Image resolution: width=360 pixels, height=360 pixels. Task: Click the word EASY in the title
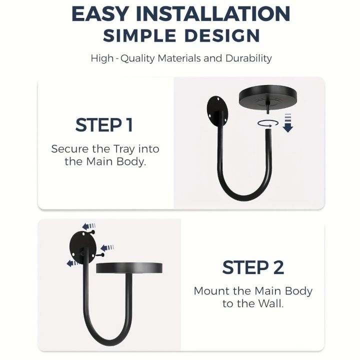pos(100,14)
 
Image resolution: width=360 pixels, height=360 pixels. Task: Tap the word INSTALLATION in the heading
pos(213,14)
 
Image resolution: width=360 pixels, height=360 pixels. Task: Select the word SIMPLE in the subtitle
pos(139,35)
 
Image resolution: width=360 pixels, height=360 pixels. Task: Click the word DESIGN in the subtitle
pos(222,35)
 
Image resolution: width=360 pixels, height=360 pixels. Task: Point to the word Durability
pos(248,58)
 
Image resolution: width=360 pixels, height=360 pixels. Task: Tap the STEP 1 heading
pos(104,125)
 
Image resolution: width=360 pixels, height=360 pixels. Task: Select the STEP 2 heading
pos(253,267)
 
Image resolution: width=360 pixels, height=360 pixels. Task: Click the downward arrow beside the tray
pos(288,123)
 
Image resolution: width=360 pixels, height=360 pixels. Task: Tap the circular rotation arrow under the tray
pos(267,123)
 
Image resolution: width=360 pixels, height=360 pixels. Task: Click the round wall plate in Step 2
pos(83,247)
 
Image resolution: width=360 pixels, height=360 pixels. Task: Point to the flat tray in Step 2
pos(129,268)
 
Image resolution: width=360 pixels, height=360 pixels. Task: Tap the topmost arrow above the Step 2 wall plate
pos(88,226)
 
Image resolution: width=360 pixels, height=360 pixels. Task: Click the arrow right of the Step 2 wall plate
pos(107,247)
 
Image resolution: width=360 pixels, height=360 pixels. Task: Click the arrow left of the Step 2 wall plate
pos(72,263)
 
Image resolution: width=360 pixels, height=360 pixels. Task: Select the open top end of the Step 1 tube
pos(268,130)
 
